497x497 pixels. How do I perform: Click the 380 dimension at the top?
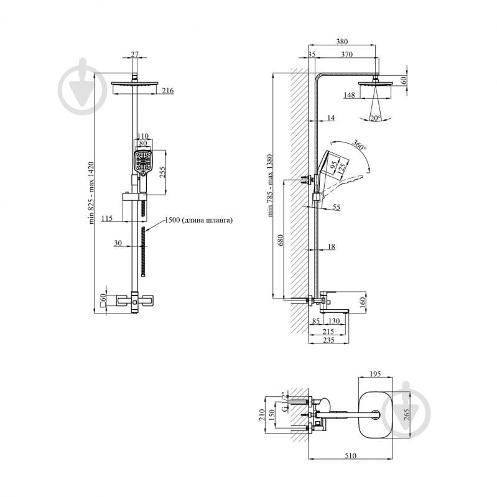point(341,41)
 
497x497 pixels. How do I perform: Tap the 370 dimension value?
point(346,54)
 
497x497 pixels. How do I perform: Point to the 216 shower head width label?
point(168,91)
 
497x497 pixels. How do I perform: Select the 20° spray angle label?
point(375,118)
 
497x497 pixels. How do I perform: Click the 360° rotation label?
point(360,144)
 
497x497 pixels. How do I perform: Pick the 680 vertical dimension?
point(280,240)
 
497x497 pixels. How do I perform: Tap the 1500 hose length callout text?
point(198,220)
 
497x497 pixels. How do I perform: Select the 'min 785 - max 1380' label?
point(270,185)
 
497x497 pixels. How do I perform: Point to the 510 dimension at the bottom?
point(350,455)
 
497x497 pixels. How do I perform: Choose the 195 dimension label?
point(375,374)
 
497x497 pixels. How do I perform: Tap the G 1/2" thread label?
point(286,402)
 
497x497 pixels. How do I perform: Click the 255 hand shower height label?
point(162,172)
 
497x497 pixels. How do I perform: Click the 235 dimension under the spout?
point(328,340)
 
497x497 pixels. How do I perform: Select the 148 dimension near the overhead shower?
point(350,95)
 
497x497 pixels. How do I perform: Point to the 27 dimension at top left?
point(135,54)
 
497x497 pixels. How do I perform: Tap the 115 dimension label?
point(107,218)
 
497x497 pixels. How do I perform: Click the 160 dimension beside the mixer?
point(363,300)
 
